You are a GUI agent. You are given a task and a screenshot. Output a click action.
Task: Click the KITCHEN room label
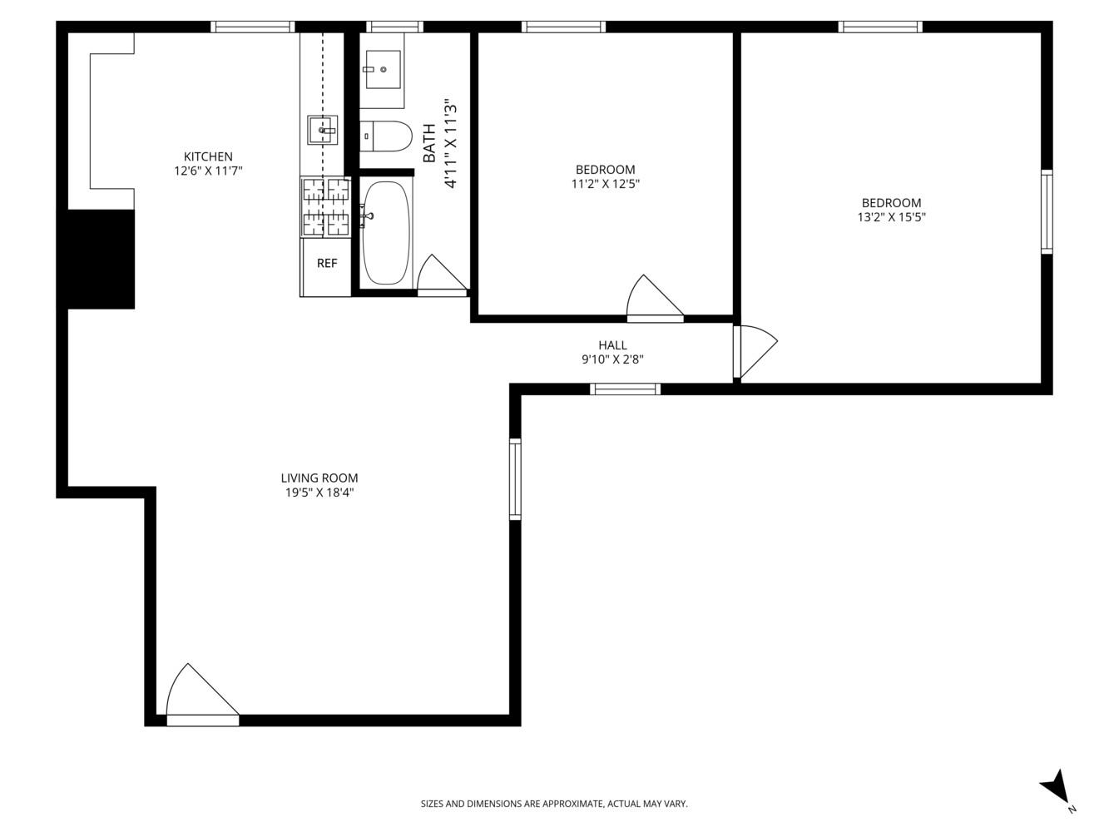pyautogui.click(x=208, y=156)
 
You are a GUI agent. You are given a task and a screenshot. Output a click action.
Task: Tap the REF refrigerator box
pyautogui.click(x=327, y=264)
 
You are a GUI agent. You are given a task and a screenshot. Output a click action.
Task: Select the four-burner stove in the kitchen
pyautogui.click(x=325, y=208)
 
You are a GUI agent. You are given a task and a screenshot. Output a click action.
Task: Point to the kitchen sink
pyautogui.click(x=324, y=131)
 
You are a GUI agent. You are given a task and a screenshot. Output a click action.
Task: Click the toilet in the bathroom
pyautogui.click(x=386, y=136)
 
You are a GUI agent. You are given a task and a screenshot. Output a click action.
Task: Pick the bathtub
pyautogui.click(x=387, y=233)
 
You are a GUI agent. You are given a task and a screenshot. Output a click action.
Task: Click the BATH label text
pyautogui.click(x=429, y=143)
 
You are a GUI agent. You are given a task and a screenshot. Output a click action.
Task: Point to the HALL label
pyautogui.click(x=612, y=345)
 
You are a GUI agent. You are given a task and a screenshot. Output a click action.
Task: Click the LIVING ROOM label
pyautogui.click(x=319, y=478)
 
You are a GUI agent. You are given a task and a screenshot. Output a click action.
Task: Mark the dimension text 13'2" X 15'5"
pyautogui.click(x=892, y=217)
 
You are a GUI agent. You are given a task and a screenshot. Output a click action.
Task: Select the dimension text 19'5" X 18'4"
pyautogui.click(x=319, y=493)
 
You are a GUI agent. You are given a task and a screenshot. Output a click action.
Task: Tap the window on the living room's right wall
pyautogui.click(x=515, y=479)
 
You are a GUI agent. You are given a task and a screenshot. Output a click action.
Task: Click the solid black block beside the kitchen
pyautogui.click(x=101, y=259)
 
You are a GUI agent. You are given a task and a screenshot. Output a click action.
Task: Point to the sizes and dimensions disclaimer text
pyautogui.click(x=554, y=804)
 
